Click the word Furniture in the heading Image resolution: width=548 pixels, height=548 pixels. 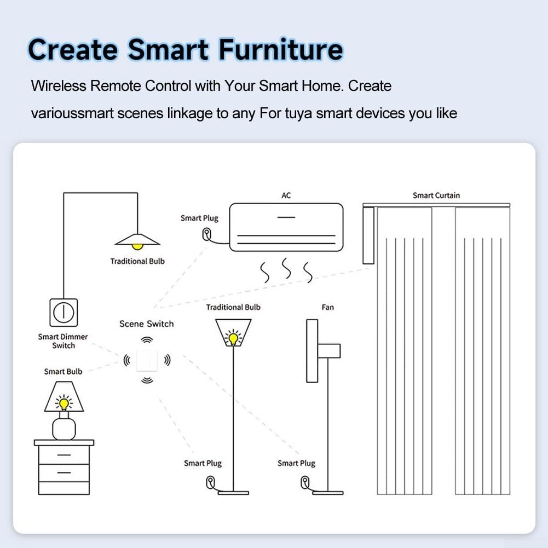(x=281, y=50)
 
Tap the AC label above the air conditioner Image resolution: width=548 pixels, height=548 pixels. (x=286, y=195)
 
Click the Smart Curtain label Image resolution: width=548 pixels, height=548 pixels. (x=436, y=195)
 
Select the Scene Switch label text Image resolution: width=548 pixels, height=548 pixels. (x=146, y=324)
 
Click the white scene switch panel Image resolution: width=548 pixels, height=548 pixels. (x=147, y=360)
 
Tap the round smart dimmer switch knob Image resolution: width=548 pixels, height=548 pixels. (x=64, y=312)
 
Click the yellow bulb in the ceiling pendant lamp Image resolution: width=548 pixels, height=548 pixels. (x=137, y=246)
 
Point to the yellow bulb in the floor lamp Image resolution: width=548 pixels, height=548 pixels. (x=234, y=338)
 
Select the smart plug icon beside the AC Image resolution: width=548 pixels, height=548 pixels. (x=205, y=234)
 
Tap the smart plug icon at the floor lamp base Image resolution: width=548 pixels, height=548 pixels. (x=210, y=482)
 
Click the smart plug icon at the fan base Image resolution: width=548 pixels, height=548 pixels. (x=304, y=482)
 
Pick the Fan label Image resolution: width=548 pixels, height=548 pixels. (x=327, y=307)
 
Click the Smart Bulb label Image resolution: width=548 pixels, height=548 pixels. (x=63, y=372)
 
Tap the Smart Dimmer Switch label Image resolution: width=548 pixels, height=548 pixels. (x=63, y=341)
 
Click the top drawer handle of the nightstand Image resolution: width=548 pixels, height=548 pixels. (x=64, y=454)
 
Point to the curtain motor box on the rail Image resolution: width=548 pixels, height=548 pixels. (x=368, y=235)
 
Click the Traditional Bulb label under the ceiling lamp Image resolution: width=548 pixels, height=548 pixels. (x=137, y=261)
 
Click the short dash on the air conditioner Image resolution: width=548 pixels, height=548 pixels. (x=286, y=217)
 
